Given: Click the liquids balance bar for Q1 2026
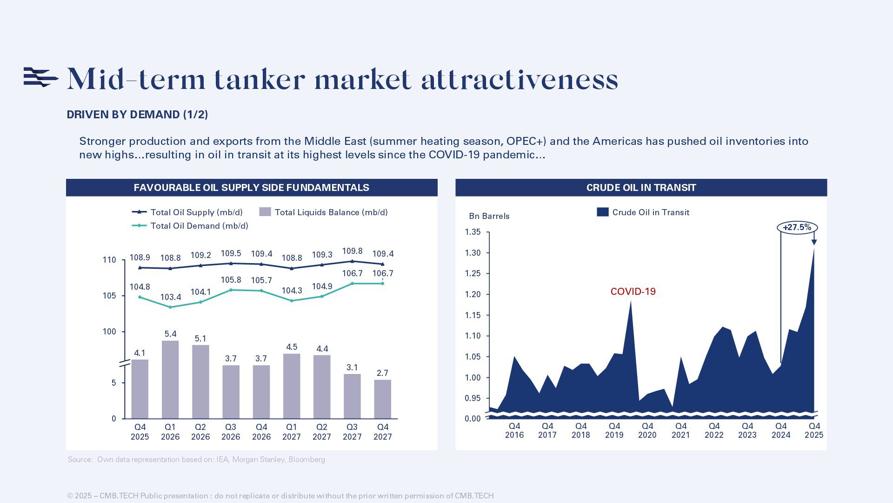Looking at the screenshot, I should (170, 380).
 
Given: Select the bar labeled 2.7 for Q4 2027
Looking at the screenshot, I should (382, 399).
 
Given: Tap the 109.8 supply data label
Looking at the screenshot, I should (352, 251).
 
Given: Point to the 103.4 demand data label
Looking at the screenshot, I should (170, 297).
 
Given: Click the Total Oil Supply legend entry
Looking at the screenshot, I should (187, 212).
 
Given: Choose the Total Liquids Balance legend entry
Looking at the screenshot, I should (324, 212).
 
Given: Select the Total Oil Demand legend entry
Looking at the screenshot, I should (190, 226).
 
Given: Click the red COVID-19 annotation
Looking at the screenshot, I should (633, 292).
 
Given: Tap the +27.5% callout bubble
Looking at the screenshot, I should (797, 228).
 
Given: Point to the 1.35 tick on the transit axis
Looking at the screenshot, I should (473, 232).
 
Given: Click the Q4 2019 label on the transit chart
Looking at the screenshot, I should (614, 430).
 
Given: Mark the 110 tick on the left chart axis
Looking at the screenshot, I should (109, 260).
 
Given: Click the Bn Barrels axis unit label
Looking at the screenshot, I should (489, 216).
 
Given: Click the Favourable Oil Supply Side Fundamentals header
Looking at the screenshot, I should (251, 188).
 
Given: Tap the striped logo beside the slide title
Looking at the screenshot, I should (40, 77).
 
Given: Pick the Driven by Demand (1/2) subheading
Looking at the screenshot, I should (137, 115).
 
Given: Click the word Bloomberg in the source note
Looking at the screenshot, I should (307, 460).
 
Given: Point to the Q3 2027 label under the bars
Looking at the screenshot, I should (352, 432).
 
